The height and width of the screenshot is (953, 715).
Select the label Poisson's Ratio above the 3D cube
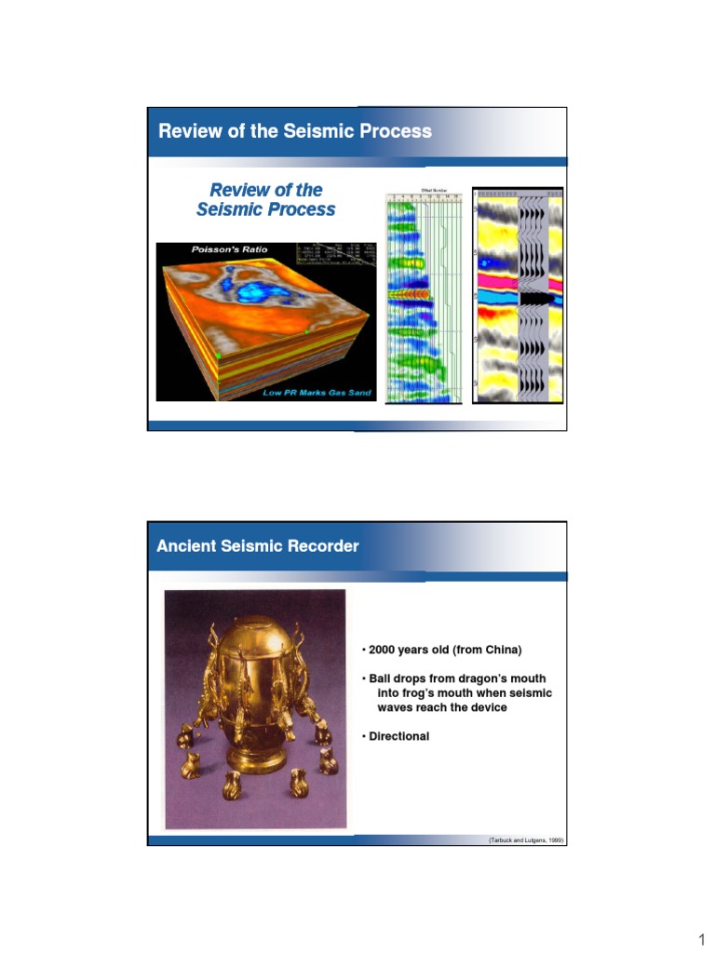pos(229,249)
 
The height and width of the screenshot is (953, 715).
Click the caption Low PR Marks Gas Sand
pos(317,393)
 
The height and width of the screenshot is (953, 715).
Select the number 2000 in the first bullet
pos(384,650)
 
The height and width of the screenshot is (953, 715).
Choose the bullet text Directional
pos(398,736)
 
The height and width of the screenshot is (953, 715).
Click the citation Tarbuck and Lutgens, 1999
pos(526,840)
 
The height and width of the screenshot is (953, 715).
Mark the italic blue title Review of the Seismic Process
pos(266,200)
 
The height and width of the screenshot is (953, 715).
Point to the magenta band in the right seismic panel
pos(493,278)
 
